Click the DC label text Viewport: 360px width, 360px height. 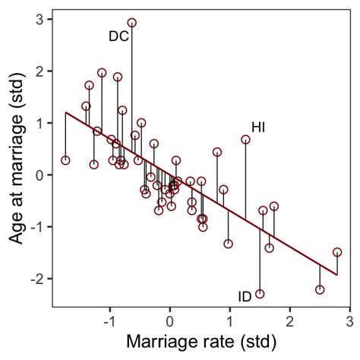pyautogui.click(x=118, y=36)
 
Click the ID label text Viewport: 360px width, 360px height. pyautogui.click(x=245, y=296)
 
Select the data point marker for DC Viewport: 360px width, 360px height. pyautogui.click(x=132, y=23)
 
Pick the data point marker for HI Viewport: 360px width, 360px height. pyautogui.click(x=245, y=140)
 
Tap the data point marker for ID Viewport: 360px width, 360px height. pyautogui.click(x=260, y=294)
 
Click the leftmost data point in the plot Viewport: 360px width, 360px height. pyautogui.click(x=65, y=160)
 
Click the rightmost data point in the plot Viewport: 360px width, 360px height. pyautogui.click(x=337, y=252)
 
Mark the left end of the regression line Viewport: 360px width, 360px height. pyautogui.click(x=65, y=112)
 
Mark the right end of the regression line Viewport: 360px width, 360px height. pyautogui.click(x=337, y=275)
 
